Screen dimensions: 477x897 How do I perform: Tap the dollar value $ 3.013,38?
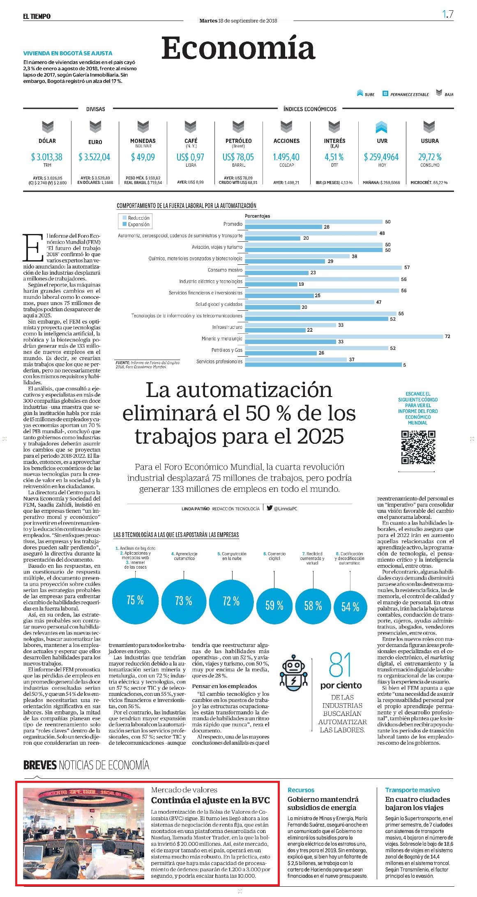(x=47, y=157)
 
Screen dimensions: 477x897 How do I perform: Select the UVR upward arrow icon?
(x=382, y=127)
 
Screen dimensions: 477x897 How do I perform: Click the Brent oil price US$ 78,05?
(x=238, y=157)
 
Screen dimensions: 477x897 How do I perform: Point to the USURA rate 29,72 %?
(x=430, y=157)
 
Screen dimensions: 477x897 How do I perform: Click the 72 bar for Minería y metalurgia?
(x=343, y=337)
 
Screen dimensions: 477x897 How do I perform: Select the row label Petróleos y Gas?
(x=227, y=350)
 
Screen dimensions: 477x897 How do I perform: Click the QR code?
(x=418, y=447)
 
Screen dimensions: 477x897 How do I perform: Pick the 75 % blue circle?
(x=135, y=600)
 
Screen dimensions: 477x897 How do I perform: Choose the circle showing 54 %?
(x=350, y=607)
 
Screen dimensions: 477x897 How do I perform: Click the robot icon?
(x=293, y=672)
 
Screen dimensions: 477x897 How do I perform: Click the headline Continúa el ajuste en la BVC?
(x=210, y=800)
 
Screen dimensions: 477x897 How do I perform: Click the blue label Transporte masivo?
(x=412, y=790)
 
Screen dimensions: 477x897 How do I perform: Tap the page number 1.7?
(x=448, y=14)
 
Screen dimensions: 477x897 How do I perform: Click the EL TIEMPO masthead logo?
(x=37, y=16)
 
